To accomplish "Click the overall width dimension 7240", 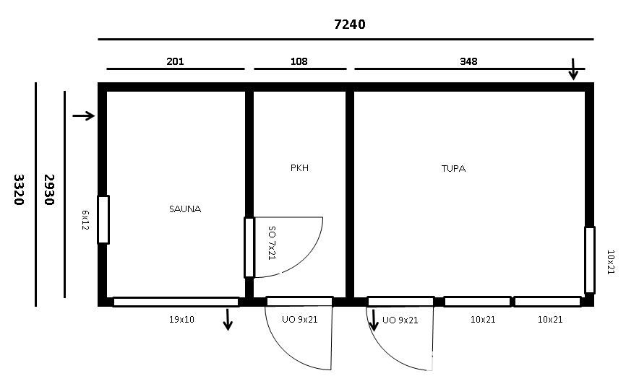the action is (x=350, y=25).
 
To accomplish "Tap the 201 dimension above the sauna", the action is (x=175, y=61).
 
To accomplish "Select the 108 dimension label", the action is (x=299, y=61).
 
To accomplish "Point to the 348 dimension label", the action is (x=468, y=61).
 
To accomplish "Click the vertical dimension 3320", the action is (x=19, y=190).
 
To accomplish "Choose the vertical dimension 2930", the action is (x=49, y=190).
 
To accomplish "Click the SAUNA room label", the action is (x=185, y=209).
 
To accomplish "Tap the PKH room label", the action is (x=299, y=167).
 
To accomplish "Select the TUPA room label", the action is (x=453, y=168).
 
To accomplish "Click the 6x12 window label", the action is (x=85, y=220).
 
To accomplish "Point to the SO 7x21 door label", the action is (x=272, y=243).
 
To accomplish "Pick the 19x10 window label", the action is (x=181, y=320).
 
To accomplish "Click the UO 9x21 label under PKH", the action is (x=299, y=320).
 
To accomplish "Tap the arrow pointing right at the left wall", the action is (x=84, y=116).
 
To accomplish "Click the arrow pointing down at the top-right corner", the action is (x=573, y=69).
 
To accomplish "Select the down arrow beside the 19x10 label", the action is (x=228, y=320).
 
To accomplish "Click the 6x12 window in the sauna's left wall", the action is (x=103, y=219).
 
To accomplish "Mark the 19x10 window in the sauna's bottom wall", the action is (x=176, y=302).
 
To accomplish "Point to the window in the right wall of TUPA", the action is (x=590, y=260).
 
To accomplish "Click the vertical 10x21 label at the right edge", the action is (x=611, y=262).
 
